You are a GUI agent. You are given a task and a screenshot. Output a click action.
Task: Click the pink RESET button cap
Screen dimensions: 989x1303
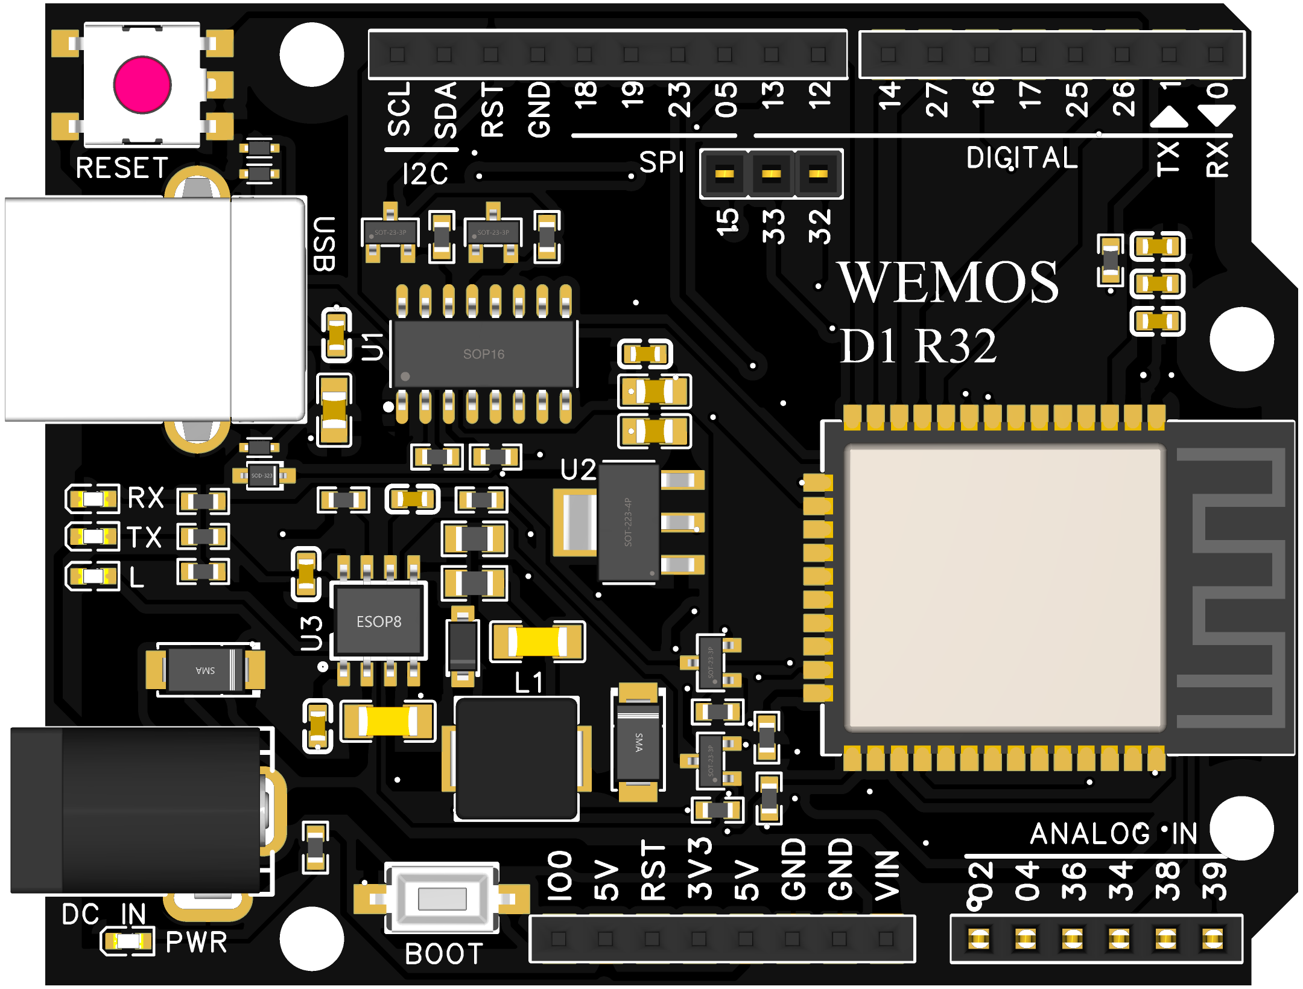coord(142,85)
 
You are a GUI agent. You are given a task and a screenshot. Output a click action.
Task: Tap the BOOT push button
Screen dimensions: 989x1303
coord(442,898)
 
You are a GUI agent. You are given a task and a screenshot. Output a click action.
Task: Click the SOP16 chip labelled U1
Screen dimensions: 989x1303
coord(484,354)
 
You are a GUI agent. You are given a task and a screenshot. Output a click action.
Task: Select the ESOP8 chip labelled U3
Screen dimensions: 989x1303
coord(379,621)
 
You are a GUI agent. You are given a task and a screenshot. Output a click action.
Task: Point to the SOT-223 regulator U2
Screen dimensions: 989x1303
coord(627,522)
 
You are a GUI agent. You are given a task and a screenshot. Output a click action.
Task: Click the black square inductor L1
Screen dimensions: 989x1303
coord(516,758)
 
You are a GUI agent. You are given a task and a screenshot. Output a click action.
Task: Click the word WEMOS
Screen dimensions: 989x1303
coord(950,282)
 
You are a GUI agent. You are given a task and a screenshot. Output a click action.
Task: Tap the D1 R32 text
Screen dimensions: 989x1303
coord(918,346)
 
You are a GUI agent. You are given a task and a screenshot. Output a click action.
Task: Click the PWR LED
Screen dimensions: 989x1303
coord(127,941)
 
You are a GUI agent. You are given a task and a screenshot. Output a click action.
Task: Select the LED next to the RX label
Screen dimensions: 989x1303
coord(93,499)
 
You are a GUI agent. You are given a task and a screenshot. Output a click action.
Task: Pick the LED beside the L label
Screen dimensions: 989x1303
coord(93,576)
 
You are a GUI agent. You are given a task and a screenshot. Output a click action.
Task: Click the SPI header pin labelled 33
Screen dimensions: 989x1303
coord(771,174)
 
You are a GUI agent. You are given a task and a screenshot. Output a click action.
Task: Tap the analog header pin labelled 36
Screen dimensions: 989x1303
coord(1073,938)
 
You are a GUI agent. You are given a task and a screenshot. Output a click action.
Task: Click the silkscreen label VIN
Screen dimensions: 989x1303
coord(887,875)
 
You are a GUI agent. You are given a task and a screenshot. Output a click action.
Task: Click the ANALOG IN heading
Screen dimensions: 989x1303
coord(1113,834)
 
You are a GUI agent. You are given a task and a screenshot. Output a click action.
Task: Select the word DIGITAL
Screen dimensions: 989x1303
coord(1022,158)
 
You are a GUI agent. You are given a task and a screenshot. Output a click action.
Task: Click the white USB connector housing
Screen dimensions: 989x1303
coord(154,309)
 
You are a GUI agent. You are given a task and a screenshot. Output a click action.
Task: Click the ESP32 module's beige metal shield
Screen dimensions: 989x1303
coord(1004,587)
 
